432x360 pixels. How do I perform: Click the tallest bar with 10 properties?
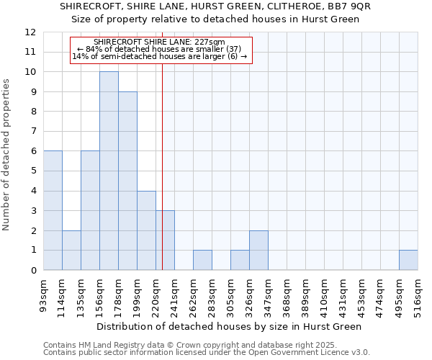point(109,171)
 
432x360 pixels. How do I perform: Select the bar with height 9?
point(127,181)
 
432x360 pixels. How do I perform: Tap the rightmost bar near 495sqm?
point(408,260)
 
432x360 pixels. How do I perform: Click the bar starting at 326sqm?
point(258,250)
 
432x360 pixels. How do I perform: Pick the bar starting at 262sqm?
point(202,260)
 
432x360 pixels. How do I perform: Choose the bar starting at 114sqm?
point(71,250)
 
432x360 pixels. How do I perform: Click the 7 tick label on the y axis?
point(32,132)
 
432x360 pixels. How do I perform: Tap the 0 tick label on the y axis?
point(32,271)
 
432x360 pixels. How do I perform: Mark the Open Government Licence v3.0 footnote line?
point(207,353)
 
